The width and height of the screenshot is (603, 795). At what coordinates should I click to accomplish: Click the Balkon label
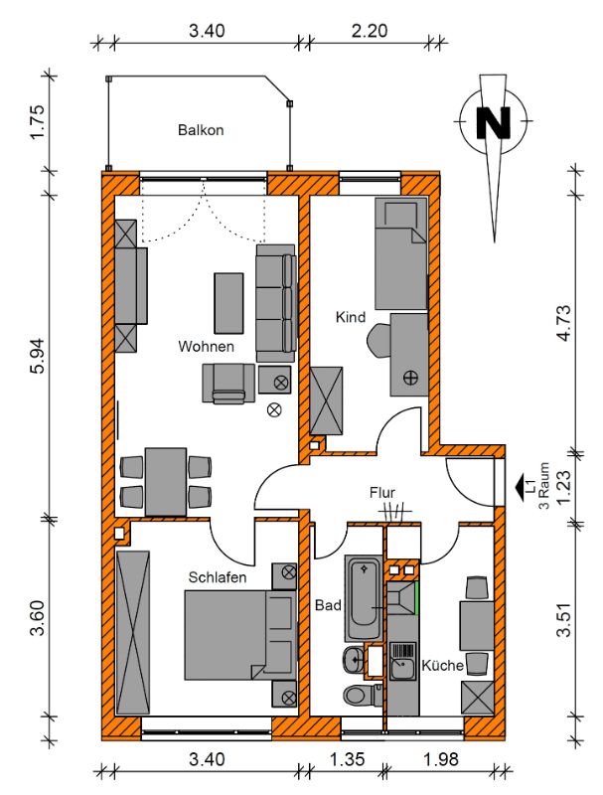click(x=201, y=130)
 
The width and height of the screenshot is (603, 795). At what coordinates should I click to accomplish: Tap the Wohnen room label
click(x=207, y=347)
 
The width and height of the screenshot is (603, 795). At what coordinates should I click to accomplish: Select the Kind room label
click(x=350, y=317)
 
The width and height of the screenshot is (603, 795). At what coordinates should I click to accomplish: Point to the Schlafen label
click(x=218, y=577)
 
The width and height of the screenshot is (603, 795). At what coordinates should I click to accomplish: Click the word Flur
click(x=382, y=493)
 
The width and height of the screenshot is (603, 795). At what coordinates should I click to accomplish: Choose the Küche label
click(x=442, y=665)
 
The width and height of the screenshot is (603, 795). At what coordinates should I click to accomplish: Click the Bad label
click(x=328, y=605)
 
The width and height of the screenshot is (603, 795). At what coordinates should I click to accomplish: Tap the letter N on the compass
click(x=493, y=122)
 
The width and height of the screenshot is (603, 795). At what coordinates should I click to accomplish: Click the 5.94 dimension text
click(x=38, y=356)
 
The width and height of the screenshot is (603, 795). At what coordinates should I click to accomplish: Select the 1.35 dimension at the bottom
click(x=347, y=759)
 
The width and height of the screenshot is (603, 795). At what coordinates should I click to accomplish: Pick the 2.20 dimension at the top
click(x=370, y=31)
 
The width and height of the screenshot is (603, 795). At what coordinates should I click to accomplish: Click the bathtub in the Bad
click(x=364, y=598)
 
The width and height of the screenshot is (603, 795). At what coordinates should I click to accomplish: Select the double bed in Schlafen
click(x=239, y=635)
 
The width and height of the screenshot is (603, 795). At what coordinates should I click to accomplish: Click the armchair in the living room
click(x=228, y=384)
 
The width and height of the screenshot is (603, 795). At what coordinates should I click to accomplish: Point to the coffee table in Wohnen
click(x=228, y=303)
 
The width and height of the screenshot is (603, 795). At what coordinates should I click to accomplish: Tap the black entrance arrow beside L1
click(x=520, y=487)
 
